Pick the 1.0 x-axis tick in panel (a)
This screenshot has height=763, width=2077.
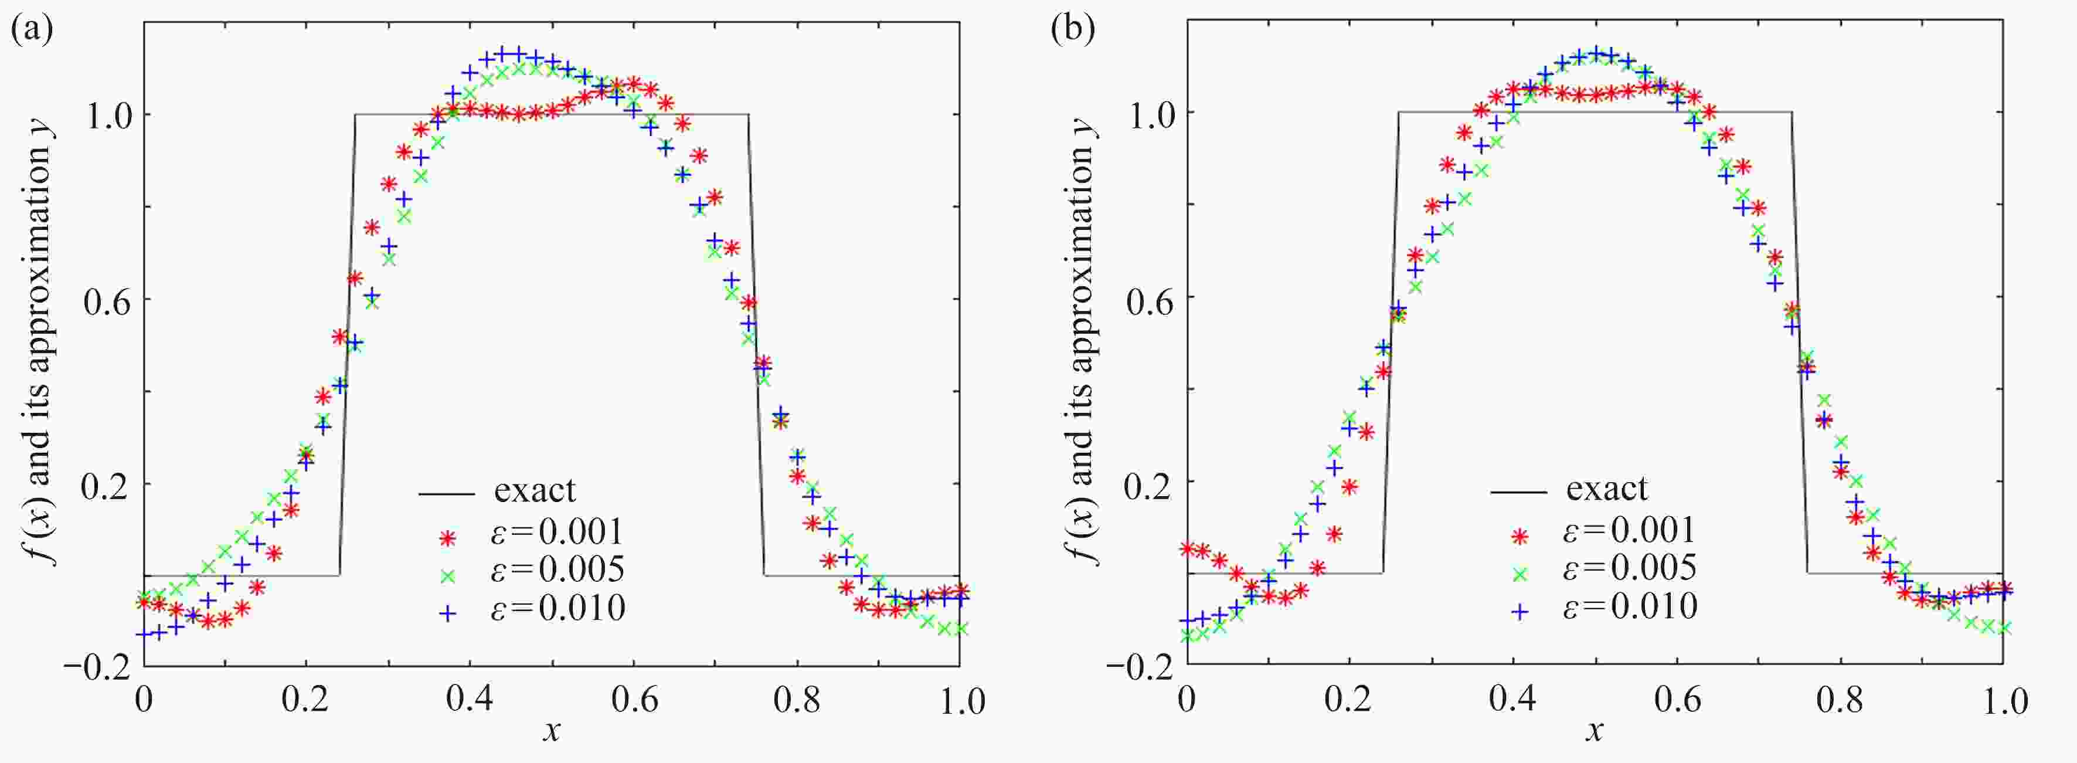960,700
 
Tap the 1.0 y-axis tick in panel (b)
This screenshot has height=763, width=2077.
1149,113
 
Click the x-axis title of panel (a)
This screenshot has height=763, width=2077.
552,731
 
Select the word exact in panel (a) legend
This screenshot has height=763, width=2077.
535,490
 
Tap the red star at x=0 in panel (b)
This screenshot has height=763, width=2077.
1187,548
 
